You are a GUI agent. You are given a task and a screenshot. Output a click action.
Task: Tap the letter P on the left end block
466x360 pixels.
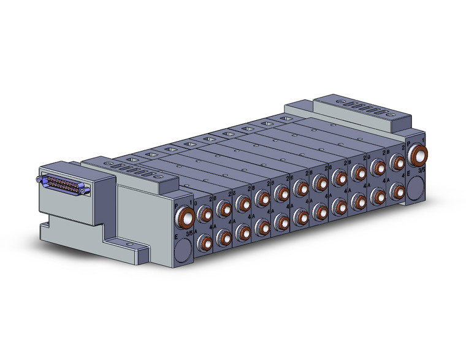(x=177, y=207)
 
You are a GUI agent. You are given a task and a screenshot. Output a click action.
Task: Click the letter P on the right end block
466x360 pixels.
(x=409, y=142)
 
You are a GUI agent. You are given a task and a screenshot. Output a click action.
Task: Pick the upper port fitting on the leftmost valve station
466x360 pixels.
(x=205, y=214)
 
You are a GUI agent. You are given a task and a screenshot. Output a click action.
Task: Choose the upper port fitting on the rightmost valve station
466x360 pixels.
(x=397, y=163)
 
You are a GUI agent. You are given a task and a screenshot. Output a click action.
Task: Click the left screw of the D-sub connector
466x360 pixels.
(x=39, y=179)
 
